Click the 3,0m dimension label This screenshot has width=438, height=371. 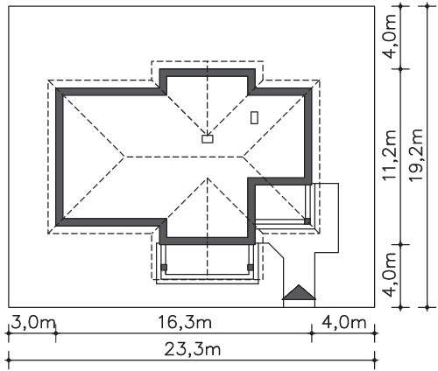click(33, 323)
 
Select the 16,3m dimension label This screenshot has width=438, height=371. click(185, 322)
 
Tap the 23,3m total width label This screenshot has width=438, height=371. click(193, 349)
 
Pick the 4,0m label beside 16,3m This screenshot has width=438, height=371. click(343, 323)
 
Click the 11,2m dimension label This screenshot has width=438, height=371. click(390, 155)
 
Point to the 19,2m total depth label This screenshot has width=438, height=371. click(416, 155)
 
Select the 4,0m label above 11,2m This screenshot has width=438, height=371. click(390, 36)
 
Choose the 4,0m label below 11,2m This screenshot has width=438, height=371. click(390, 275)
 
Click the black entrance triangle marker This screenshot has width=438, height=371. click(299, 293)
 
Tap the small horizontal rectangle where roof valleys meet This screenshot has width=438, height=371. click(208, 139)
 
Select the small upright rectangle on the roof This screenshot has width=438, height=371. click(254, 117)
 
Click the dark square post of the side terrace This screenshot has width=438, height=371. click(307, 221)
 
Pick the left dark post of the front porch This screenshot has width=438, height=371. click(164, 267)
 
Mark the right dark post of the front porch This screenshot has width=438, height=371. click(251, 267)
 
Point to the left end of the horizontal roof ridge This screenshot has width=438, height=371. click(125, 157)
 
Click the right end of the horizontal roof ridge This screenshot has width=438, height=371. click(244, 157)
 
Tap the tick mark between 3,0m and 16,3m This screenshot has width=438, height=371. click(56, 332)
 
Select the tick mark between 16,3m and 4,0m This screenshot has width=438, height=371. click(312, 332)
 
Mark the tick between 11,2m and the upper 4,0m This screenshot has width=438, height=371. click(400, 69)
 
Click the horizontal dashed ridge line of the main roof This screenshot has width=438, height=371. click(184, 157)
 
